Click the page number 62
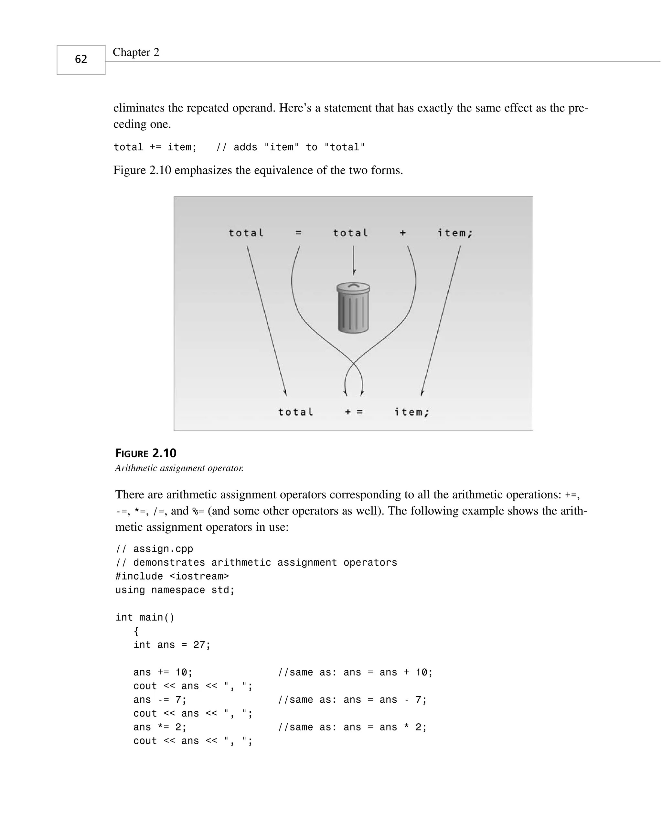point(81,59)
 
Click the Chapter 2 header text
point(136,52)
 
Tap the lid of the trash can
point(353,287)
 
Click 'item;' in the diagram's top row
point(454,233)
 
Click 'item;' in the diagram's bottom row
point(411,412)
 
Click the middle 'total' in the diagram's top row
point(350,233)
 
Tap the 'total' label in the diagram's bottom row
point(295,412)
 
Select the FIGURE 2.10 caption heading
point(146,453)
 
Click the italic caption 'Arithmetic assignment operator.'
point(179,468)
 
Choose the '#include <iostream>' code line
point(172,576)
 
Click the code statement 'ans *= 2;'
point(160,727)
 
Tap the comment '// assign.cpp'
point(155,549)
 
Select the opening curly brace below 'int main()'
point(136,632)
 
